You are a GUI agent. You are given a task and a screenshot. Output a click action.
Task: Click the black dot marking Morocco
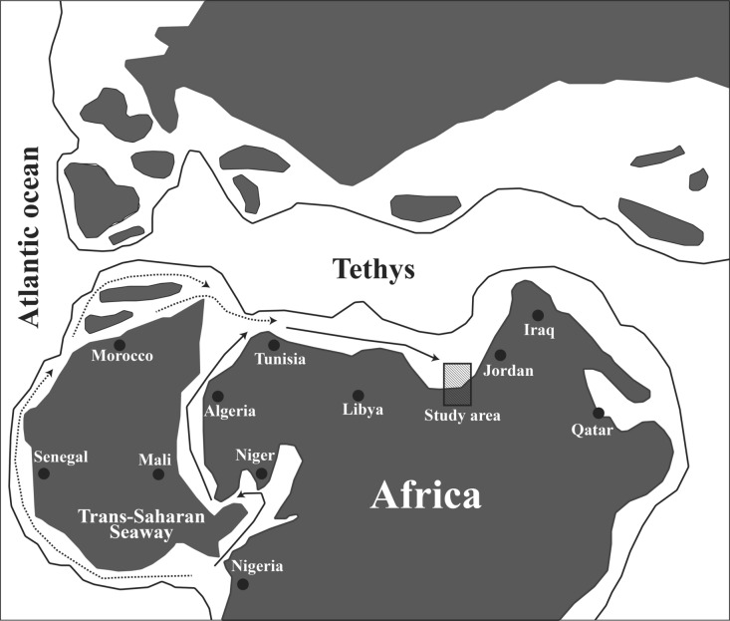click(120, 345)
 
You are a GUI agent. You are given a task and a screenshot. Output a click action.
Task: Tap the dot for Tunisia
click(273, 345)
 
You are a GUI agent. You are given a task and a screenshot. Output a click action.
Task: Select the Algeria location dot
click(218, 396)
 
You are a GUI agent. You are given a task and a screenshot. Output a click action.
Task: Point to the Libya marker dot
click(359, 395)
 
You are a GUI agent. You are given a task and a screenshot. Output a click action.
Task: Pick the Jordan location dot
click(500, 355)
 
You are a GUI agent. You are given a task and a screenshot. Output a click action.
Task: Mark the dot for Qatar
click(599, 413)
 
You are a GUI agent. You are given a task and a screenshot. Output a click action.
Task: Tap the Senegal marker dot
click(44, 473)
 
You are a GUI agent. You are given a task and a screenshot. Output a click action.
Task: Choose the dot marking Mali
click(157, 473)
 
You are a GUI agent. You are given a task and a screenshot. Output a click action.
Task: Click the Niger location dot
click(261, 472)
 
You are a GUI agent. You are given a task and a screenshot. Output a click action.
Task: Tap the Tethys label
click(373, 270)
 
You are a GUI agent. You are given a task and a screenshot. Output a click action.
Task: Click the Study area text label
click(462, 415)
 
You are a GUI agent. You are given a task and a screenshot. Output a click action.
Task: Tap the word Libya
click(363, 410)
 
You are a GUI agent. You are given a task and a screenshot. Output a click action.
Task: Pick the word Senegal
click(61, 457)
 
